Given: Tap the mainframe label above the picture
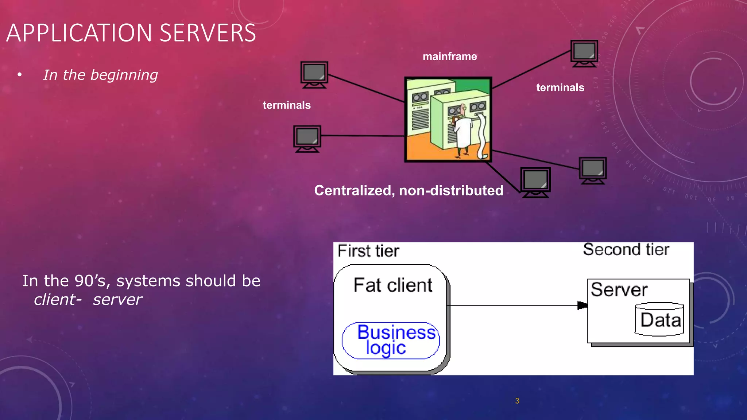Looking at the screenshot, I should [x=450, y=57].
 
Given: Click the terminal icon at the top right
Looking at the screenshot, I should [x=584, y=53].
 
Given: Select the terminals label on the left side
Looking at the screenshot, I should [x=287, y=105].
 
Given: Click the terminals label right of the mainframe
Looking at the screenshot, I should [x=560, y=88].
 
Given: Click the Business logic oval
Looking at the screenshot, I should [x=391, y=340].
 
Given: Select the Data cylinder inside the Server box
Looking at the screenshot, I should [x=659, y=319].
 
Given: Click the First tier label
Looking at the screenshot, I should [x=368, y=251].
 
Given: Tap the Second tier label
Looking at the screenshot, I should [x=626, y=250].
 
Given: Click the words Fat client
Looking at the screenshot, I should [x=393, y=285].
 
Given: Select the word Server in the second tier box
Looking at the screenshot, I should [x=619, y=290].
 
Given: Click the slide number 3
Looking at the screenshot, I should [x=517, y=401].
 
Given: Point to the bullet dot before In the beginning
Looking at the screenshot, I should [x=20, y=75].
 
